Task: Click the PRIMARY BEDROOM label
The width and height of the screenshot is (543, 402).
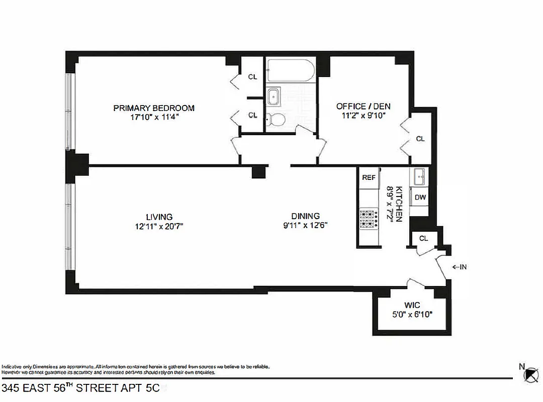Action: point(154,108)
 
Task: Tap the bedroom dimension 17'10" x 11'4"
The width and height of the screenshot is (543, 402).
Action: point(154,117)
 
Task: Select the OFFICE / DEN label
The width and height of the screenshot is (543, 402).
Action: point(363,107)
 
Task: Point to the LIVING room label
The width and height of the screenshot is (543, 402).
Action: point(159,217)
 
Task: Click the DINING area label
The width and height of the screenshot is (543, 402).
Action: point(305,216)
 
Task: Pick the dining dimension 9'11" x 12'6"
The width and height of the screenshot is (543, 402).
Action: point(305,225)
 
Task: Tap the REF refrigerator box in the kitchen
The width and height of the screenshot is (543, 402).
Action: point(369,178)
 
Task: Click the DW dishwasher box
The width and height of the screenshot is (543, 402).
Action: point(420,197)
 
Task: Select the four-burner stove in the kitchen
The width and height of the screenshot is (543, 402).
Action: point(369,219)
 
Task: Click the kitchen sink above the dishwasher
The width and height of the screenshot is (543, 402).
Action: point(419,177)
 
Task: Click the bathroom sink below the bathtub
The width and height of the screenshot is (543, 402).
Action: point(274,96)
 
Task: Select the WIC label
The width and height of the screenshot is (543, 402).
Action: point(412,306)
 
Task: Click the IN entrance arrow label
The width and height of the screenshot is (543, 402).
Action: point(460,267)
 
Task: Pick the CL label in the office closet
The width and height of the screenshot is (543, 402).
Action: point(420,139)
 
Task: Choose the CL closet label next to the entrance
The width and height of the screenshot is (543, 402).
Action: point(423,238)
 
